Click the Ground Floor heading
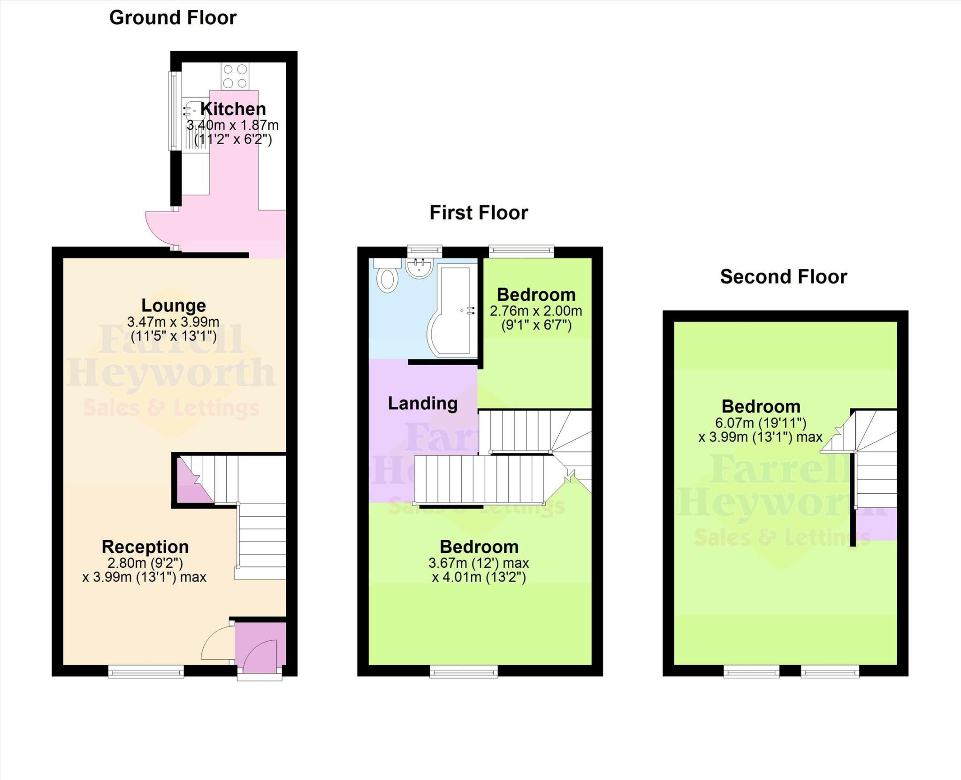coord(173,18)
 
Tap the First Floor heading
coord(479,213)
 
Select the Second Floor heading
coord(783,276)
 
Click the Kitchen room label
coord(233,109)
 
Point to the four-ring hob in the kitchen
coord(235,76)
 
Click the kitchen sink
coord(193,113)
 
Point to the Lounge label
coord(174,305)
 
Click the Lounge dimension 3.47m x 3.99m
coord(173,322)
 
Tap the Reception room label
coord(145,546)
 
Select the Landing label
coord(422,403)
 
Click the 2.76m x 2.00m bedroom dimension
coord(536,311)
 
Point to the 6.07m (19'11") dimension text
coord(761,423)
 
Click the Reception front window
coord(146,673)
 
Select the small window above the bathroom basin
coord(424,251)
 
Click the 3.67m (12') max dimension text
coord(479,563)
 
